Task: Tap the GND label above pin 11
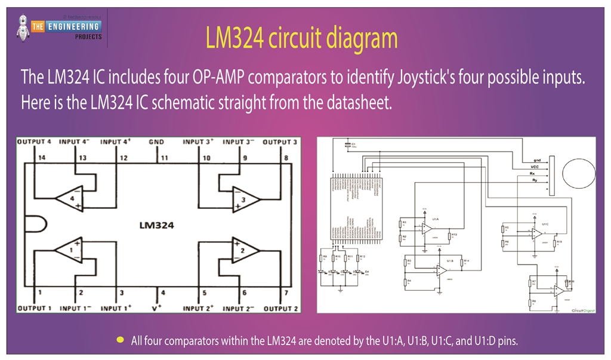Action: [156, 142]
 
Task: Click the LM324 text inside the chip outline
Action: [156, 225]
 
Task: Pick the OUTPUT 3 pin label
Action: [280, 142]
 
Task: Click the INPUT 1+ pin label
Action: [116, 308]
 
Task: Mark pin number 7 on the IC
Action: [287, 293]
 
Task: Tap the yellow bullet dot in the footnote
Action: [120, 340]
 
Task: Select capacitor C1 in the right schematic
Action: [347, 146]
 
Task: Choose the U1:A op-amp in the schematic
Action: [427, 227]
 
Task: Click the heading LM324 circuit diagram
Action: [301, 38]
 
